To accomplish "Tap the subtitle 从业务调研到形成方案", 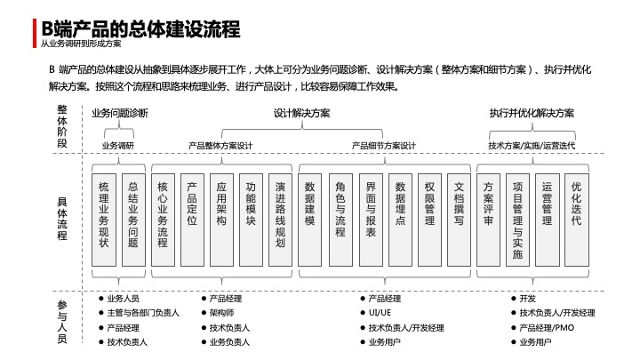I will pyautogui.click(x=81, y=44).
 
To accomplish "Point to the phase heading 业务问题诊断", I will pyautogui.click(x=120, y=114).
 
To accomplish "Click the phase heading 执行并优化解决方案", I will pyautogui.click(x=532, y=114).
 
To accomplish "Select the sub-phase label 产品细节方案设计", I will pyautogui.click(x=384, y=145).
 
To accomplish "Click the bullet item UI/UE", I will pyautogui.click(x=379, y=313).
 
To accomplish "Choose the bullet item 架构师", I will pyautogui.click(x=221, y=313).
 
